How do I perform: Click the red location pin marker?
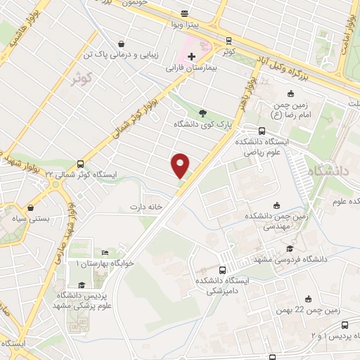(181, 165)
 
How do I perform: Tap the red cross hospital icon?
(191, 56)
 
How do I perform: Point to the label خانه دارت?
(146, 207)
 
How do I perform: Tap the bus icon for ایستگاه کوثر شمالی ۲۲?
(80, 162)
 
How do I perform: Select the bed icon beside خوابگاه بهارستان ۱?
(105, 252)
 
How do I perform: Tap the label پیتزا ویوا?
(185, 25)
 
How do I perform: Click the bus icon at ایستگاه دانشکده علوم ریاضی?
(262, 130)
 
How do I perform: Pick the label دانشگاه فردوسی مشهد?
(303, 259)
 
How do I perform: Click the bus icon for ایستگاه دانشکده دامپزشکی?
(223, 270)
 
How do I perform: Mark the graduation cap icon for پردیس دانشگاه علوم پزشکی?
(82, 285)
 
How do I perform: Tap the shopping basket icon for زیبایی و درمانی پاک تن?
(123, 42)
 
